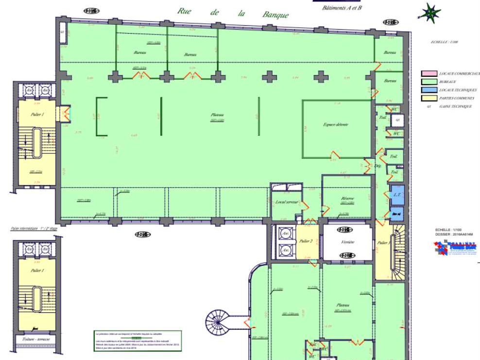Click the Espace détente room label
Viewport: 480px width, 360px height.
[x=336, y=124]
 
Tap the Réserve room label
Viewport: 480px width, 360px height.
[x=347, y=198]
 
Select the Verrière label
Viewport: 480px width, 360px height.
[x=348, y=242]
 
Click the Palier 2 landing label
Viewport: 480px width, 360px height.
[x=306, y=241]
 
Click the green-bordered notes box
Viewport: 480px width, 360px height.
[x=137, y=341]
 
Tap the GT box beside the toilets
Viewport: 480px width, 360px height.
[x=397, y=119]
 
